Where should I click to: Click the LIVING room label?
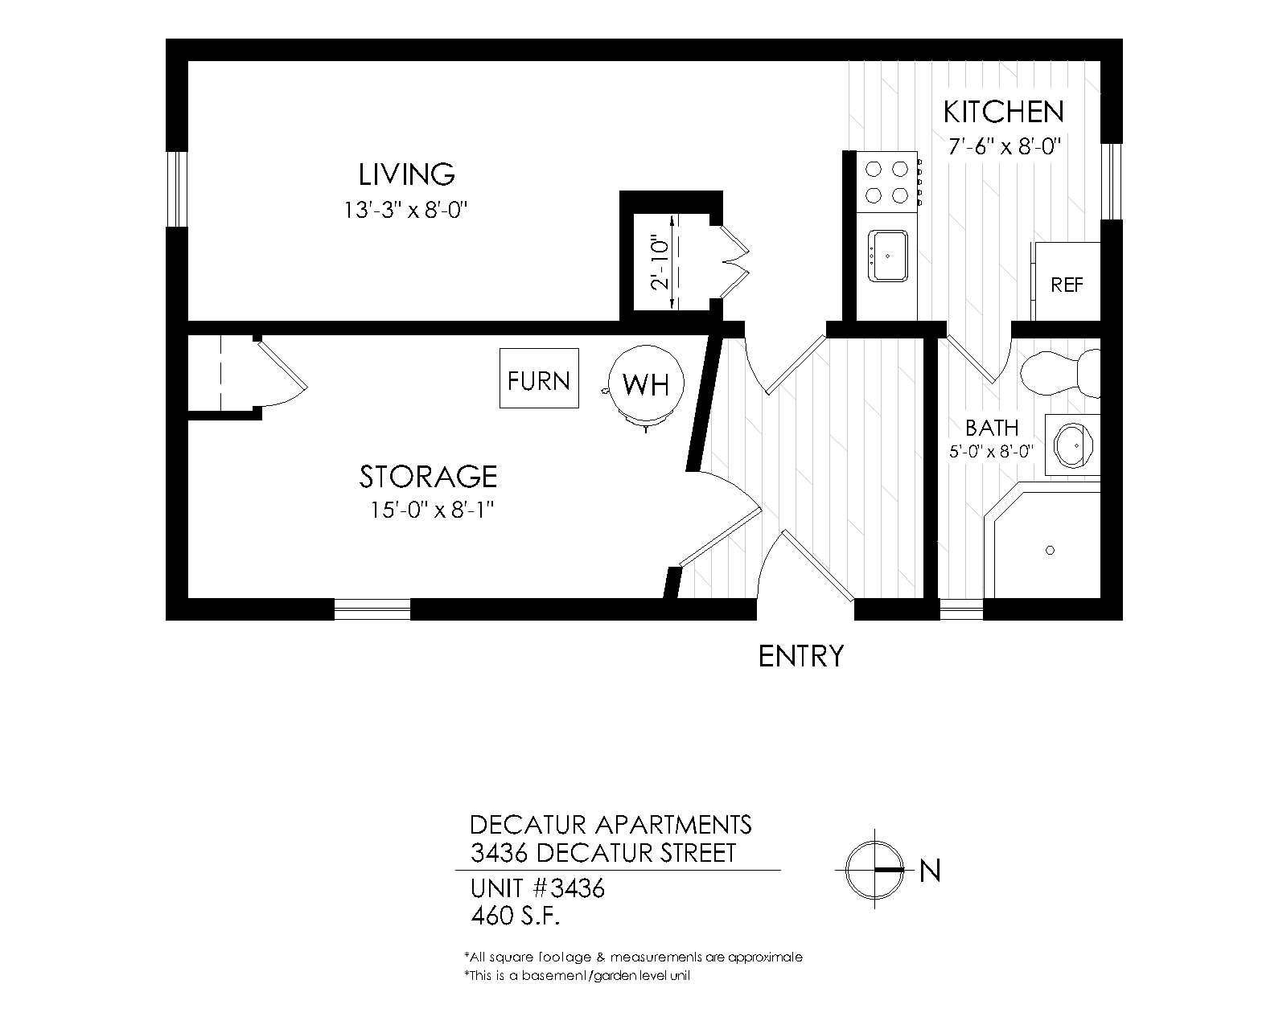[407, 174]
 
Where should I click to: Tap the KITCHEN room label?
[1004, 112]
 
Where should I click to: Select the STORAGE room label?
[428, 477]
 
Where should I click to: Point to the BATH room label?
[992, 428]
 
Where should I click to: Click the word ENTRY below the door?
[801, 657]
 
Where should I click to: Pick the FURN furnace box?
[539, 379]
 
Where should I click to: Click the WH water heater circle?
[646, 383]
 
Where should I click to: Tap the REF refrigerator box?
[1067, 281]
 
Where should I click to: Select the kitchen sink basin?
[887, 256]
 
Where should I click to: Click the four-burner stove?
[887, 182]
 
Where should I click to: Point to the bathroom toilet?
[1059, 373]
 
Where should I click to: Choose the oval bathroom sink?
[1073, 446]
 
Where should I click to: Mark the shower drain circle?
[1051, 550]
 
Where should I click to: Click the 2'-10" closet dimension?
[660, 264]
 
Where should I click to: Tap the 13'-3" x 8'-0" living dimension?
[405, 211]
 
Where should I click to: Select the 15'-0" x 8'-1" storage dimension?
[433, 510]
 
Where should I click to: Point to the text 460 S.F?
[515, 916]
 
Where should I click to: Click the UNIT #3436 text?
[537, 888]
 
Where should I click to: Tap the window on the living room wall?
[177, 189]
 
